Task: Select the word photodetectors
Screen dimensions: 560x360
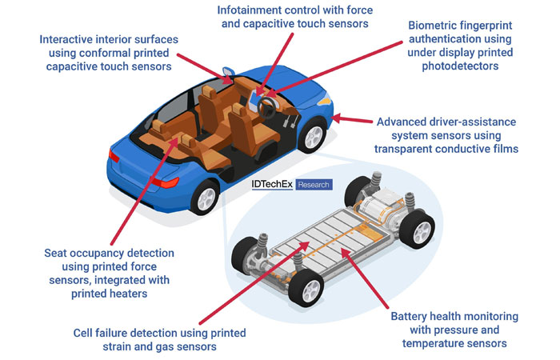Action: (x=460, y=66)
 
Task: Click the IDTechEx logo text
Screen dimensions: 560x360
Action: (x=272, y=184)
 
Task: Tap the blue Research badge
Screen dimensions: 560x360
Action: (x=314, y=185)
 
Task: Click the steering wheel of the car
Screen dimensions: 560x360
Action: (x=266, y=108)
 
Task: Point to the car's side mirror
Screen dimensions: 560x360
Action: (x=228, y=73)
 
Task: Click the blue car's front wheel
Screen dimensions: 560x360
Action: (x=313, y=136)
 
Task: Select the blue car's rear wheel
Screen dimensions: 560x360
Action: (x=205, y=197)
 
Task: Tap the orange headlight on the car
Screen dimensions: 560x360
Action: (x=324, y=100)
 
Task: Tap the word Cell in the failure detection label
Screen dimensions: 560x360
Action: (x=82, y=334)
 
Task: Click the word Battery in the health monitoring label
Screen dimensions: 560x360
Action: (x=409, y=317)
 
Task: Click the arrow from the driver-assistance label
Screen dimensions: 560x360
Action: (x=351, y=119)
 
